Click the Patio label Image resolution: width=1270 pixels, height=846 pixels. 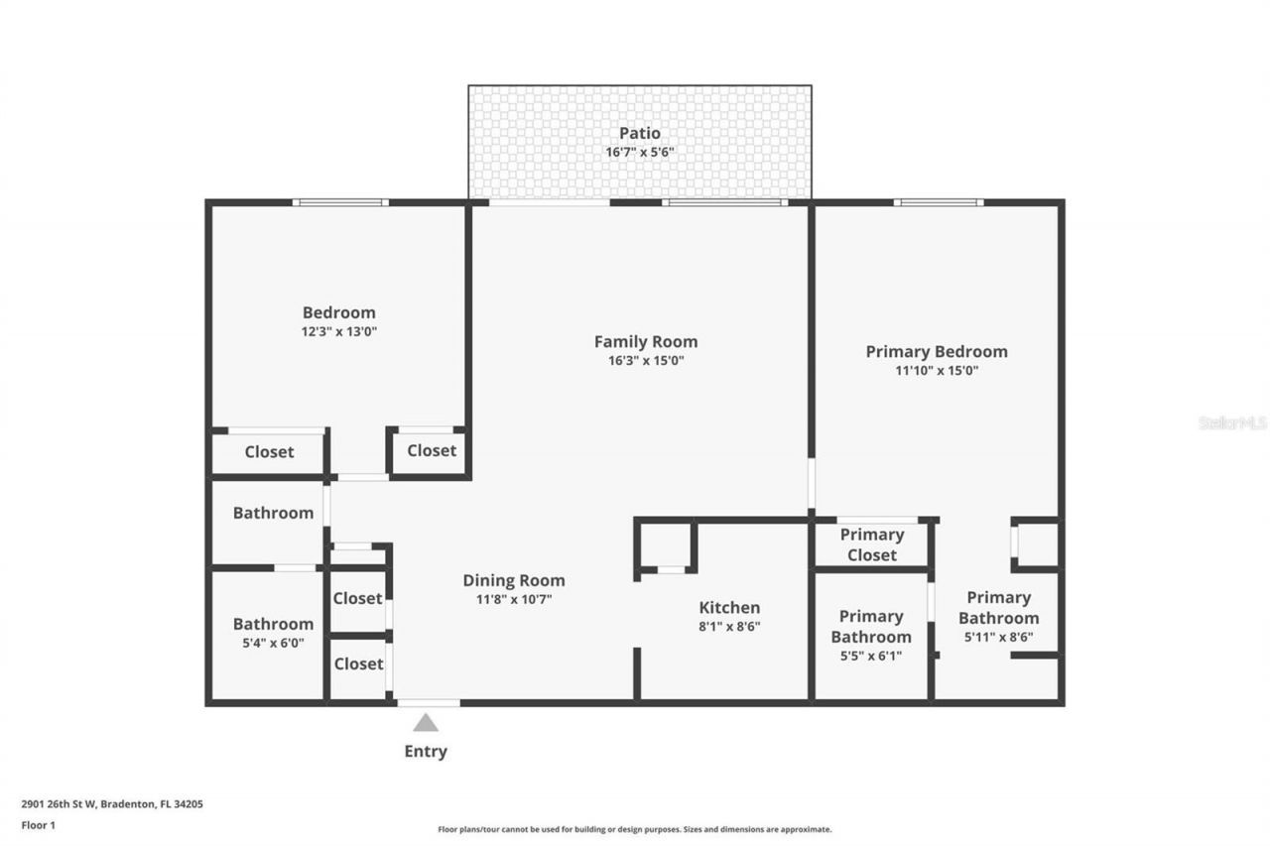point(639,133)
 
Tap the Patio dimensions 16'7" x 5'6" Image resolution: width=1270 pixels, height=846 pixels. point(639,153)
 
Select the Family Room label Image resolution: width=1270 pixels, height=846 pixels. point(646,341)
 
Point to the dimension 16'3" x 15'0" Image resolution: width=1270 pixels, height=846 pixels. point(646,361)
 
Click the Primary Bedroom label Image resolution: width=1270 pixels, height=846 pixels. point(936,351)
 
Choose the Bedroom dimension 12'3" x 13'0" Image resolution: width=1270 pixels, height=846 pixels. point(339,332)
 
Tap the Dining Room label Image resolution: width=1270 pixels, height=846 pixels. point(514,580)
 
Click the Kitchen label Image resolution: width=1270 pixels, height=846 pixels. point(729,607)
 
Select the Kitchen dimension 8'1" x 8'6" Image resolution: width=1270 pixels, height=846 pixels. point(729,627)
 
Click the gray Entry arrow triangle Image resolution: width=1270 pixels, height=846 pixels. point(426,722)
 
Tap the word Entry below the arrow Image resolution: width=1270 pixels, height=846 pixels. point(426,751)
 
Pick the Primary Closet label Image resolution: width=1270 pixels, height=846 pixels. point(871,544)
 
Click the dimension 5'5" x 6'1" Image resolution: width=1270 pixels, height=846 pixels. point(870,656)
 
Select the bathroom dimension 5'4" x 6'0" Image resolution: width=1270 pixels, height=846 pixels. point(273,643)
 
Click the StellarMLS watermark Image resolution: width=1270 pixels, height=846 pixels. point(1232,423)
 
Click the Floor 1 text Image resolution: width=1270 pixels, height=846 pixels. point(38,824)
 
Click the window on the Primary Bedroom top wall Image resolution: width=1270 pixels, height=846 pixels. point(938,202)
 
